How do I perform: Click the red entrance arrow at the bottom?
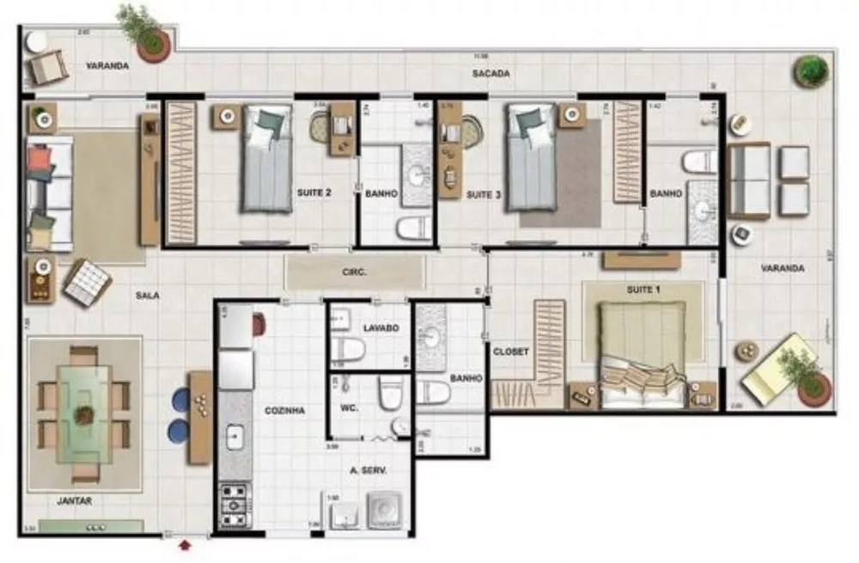pos(186,543)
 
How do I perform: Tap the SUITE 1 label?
pos(643,290)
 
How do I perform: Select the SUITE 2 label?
pos(314,193)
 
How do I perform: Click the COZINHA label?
pos(284,411)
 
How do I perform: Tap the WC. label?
pos(348,408)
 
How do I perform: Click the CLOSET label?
pos(510,352)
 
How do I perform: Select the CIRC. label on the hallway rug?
pos(355,272)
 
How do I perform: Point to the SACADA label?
pos(490,74)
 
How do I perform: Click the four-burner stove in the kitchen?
pos(234,505)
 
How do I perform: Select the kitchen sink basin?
pos(235,438)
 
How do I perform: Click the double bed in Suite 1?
pos(643,354)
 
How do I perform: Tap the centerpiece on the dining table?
pos(83,415)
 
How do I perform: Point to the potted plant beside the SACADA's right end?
pos(811,70)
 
